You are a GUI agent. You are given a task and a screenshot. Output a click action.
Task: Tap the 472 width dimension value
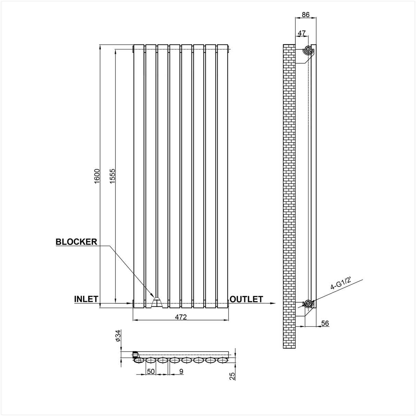(x=181, y=317)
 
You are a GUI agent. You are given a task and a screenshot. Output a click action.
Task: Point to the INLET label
(x=86, y=299)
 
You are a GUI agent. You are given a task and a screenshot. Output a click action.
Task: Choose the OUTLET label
(x=246, y=299)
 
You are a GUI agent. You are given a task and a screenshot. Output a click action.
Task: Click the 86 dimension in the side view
(x=306, y=15)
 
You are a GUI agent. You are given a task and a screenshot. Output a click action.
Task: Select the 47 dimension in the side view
(x=302, y=33)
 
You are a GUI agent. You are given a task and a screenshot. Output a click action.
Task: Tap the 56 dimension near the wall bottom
(x=325, y=323)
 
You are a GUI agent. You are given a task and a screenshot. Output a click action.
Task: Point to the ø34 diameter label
(x=118, y=336)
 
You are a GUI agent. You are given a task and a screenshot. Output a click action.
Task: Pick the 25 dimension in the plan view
(x=233, y=376)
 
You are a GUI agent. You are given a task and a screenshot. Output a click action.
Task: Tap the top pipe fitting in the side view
(x=308, y=50)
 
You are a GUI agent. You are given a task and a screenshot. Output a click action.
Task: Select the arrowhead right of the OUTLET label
(x=272, y=303)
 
